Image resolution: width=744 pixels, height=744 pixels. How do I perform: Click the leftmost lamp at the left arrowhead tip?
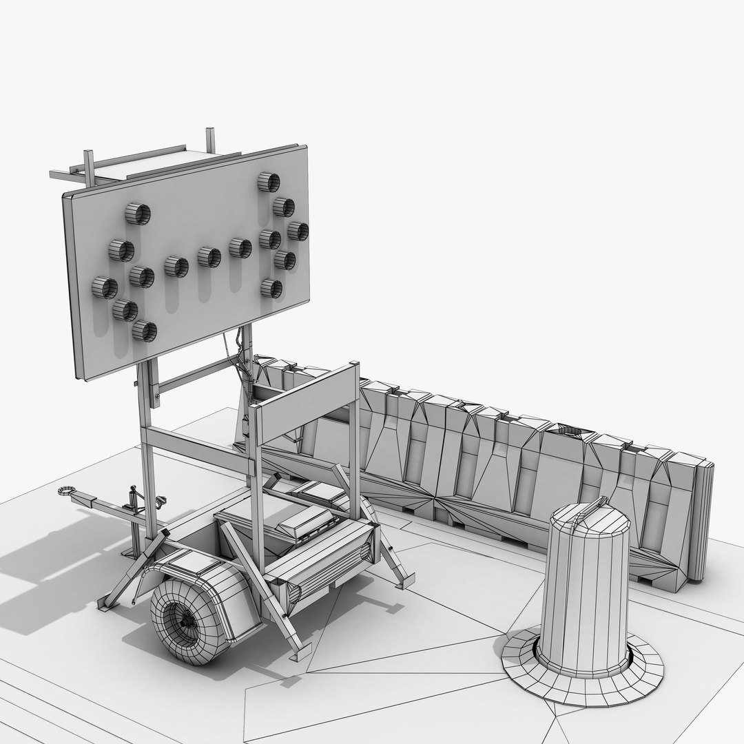[x=105, y=287]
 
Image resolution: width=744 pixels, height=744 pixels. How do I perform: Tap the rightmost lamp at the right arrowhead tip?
[x=298, y=231]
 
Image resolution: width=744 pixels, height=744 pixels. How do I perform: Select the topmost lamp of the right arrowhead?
[x=269, y=183]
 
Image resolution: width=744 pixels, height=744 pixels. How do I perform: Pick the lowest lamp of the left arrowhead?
[x=145, y=331]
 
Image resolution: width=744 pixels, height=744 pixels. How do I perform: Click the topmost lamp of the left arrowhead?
[x=138, y=214]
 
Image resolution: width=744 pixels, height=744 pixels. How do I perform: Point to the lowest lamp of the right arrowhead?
[x=271, y=289]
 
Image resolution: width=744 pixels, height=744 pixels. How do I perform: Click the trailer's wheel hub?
[x=185, y=620]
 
